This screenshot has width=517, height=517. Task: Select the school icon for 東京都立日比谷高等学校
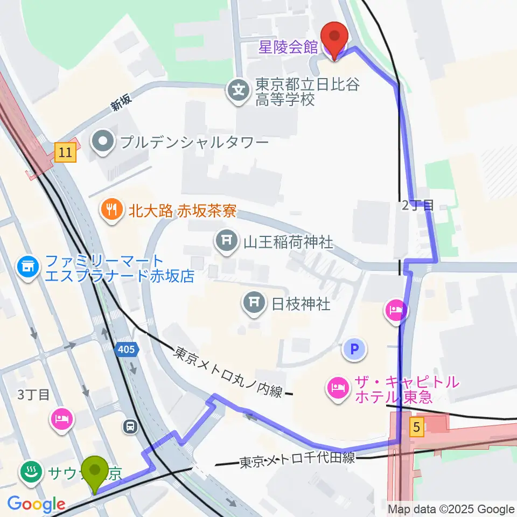(238, 88)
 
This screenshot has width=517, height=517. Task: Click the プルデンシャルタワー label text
(194, 143)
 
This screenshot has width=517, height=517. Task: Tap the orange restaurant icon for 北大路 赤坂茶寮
(112, 210)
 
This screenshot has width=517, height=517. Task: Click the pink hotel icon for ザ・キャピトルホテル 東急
(338, 389)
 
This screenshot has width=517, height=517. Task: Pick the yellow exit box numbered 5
(416, 428)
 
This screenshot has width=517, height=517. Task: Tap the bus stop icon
(130, 427)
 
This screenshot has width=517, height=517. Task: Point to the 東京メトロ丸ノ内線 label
(228, 373)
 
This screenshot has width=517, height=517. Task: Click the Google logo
(36, 505)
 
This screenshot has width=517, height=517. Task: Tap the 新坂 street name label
(121, 103)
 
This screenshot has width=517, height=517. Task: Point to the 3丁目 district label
(33, 395)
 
